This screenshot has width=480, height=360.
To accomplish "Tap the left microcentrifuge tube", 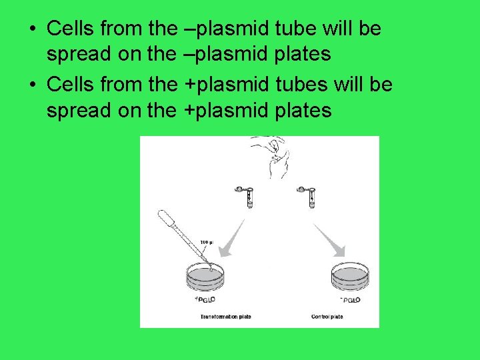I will coord(246,195).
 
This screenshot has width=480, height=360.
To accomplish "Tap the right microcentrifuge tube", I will coord(309,195).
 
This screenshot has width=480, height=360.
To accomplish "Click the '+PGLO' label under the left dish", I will coord(207,301).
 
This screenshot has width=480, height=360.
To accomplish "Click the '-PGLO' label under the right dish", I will coord(349,301).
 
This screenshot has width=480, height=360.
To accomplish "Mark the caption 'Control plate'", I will coord(327,317).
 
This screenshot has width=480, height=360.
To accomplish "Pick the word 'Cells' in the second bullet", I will coord(72,85).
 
